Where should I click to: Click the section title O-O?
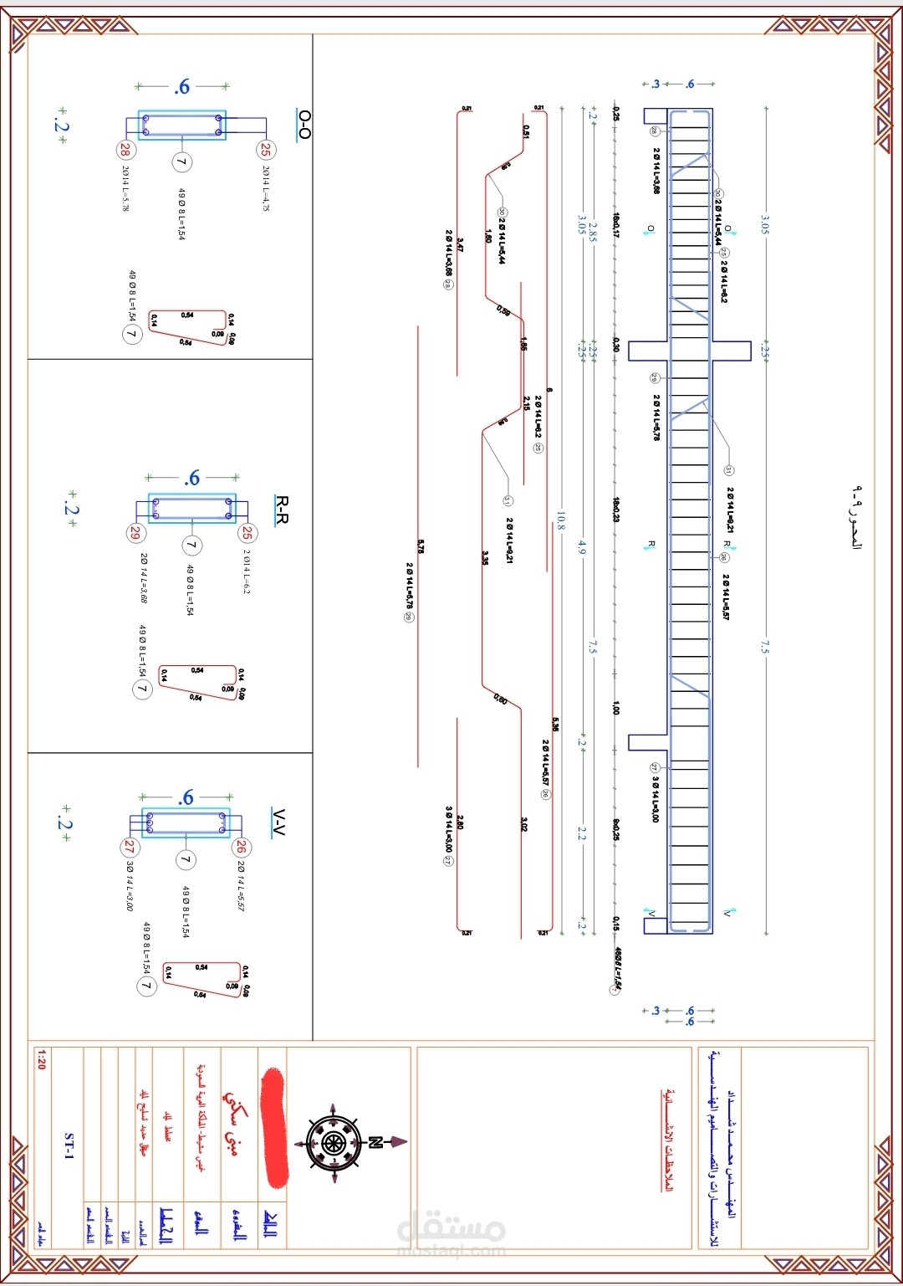click(304, 124)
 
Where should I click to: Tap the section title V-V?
click(279, 822)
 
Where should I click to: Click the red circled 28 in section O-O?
click(125, 150)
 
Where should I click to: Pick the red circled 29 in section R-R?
click(135, 533)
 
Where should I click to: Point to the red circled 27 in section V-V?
click(130, 847)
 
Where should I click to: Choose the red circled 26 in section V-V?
click(241, 847)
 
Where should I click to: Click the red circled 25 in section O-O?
click(265, 150)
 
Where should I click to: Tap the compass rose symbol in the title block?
click(334, 1142)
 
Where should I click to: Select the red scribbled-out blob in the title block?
click(274, 1126)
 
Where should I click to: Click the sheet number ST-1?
click(69, 1145)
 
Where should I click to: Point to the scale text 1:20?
click(41, 1062)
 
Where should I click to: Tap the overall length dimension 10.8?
click(560, 521)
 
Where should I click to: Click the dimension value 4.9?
click(582, 547)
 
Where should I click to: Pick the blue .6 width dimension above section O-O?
click(182, 86)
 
